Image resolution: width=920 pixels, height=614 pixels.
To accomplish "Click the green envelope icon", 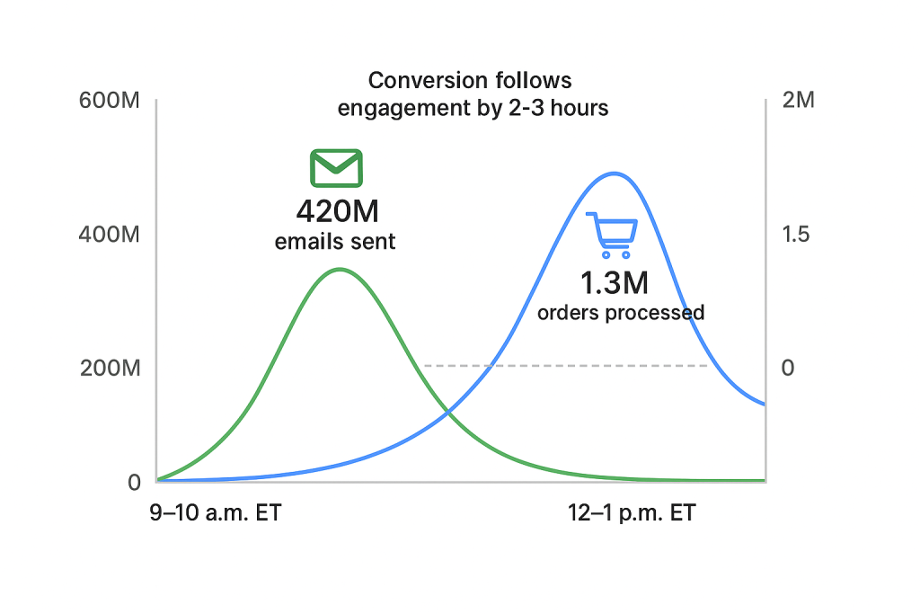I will tap(336, 168).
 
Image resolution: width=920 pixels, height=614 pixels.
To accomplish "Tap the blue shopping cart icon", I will tap(612, 235).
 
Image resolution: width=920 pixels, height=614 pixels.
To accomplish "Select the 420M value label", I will tap(337, 212).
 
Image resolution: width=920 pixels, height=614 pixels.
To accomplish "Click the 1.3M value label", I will tap(614, 283).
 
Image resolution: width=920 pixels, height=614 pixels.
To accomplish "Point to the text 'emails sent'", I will tap(335, 242).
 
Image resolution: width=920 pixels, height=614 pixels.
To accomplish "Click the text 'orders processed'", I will tap(620, 313).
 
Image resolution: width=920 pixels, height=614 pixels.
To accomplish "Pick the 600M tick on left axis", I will tap(110, 100).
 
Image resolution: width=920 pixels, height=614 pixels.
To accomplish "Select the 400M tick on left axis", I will tap(110, 235).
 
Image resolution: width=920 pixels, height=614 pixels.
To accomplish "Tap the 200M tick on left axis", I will tap(110, 368).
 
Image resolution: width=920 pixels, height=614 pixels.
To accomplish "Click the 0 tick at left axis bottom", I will tap(135, 482).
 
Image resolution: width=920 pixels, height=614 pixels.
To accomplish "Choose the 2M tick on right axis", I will tap(798, 100).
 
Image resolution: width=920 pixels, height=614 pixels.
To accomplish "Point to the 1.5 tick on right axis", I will tap(796, 235).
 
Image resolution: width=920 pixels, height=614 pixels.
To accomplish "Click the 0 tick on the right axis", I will tap(788, 368).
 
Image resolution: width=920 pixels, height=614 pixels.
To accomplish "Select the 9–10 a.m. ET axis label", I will tap(216, 514).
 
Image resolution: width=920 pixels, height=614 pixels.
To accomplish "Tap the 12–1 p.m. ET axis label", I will tap(632, 514).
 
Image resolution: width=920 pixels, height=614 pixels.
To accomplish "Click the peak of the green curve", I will tap(339, 269).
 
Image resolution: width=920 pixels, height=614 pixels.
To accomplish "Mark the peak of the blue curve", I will tap(614, 173).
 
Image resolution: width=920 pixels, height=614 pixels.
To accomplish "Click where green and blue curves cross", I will tap(447, 413).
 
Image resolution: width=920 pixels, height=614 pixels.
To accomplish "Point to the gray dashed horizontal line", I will tap(566, 366).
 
